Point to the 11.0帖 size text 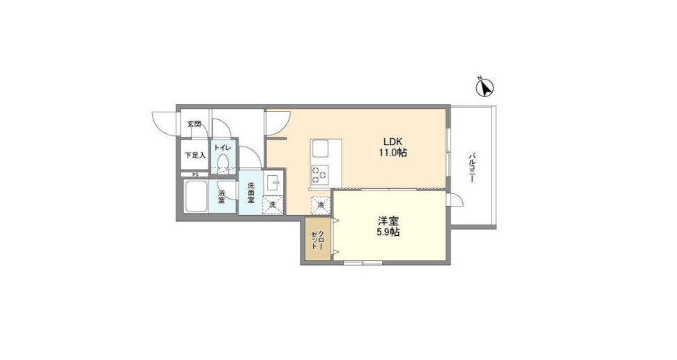pos(393,153)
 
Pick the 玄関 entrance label pos(193,124)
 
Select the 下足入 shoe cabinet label pos(195,154)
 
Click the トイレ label pos(223,148)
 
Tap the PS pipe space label pos(195,174)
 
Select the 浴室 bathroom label pos(221,197)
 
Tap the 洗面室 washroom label pos(250,193)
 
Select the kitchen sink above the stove pos(322,149)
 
